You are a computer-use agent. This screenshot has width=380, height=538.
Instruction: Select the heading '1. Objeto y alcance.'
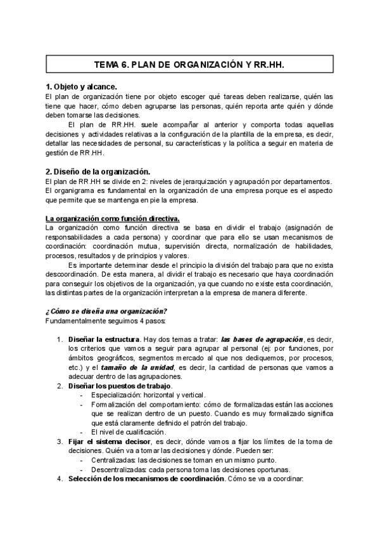click(x=82, y=87)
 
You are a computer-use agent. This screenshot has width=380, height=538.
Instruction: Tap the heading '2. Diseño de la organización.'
click(x=98, y=171)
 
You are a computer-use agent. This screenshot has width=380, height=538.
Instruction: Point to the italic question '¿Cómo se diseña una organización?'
click(x=106, y=310)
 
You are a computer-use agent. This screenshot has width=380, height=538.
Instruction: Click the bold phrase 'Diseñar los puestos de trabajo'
click(x=120, y=386)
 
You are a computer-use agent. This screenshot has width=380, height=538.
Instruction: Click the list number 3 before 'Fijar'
click(x=60, y=441)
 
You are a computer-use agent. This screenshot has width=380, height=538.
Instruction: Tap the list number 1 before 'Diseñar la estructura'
click(x=60, y=339)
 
